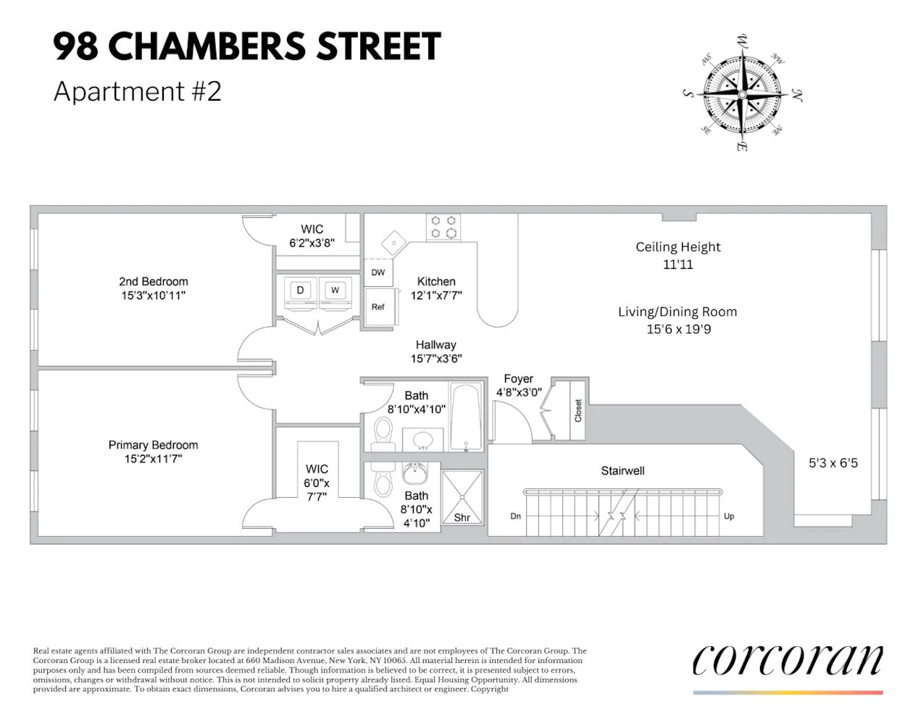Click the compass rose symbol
[x=742, y=93]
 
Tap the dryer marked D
[x=300, y=291]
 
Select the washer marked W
[x=335, y=291]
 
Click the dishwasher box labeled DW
[x=378, y=272]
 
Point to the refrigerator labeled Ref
[x=378, y=307]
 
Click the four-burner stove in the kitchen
[x=443, y=227]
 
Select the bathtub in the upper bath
[x=466, y=416]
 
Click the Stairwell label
[x=622, y=471]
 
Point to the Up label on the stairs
[x=729, y=517]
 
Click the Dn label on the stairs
[x=516, y=517]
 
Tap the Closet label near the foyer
[x=578, y=411]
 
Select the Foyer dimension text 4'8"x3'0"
[x=519, y=393]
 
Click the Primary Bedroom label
[x=153, y=445]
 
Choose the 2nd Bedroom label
[x=154, y=282]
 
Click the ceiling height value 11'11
[x=678, y=264]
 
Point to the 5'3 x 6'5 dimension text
[x=833, y=463]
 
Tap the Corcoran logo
[x=788, y=661]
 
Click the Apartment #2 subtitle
[x=138, y=92]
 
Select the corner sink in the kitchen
[x=392, y=243]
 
